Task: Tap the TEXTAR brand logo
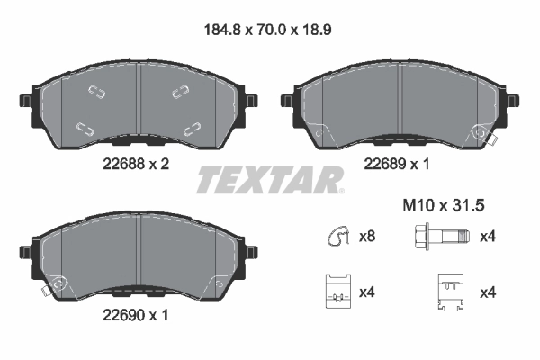point(269,180)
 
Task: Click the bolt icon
point(439,238)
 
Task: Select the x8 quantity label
point(367,238)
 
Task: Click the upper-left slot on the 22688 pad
point(95,90)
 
